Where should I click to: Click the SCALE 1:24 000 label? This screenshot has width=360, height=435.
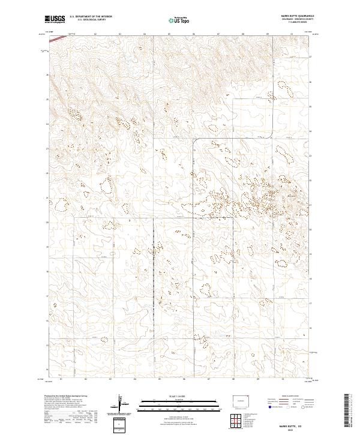180,397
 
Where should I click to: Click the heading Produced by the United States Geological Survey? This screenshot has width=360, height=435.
67,396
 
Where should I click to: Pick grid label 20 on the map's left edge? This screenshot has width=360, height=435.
47,223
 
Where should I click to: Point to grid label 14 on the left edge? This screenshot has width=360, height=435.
47,370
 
